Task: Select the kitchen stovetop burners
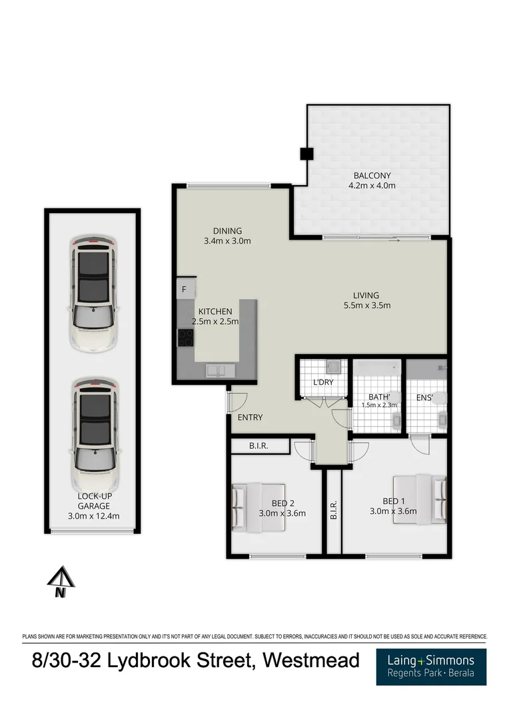[185, 338]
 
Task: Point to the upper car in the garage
[94, 292]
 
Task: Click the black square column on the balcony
[306, 154]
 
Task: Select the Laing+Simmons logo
[431, 666]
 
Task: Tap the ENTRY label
[251, 417]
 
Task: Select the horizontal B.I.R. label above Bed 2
[259, 446]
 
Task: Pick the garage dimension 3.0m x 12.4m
[93, 515]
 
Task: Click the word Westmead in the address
[311, 661]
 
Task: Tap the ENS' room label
[425, 398]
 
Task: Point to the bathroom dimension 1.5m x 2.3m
[379, 405]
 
